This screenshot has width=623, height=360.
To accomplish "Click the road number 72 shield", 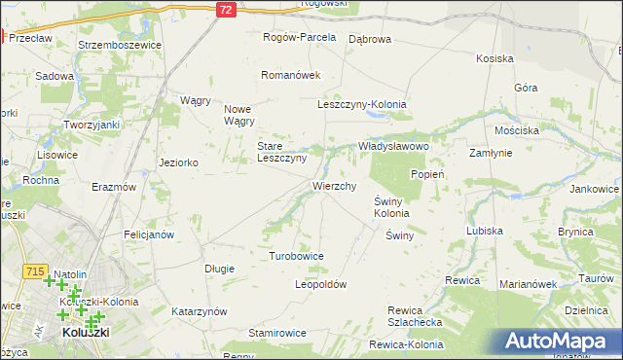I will pos(226,8).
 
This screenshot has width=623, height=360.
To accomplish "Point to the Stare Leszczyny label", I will pos(281,152).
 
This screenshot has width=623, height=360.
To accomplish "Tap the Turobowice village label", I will pos(296,256).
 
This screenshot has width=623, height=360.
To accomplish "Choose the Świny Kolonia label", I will pos(391,207).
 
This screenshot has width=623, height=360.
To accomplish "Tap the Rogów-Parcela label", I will pos(300,38).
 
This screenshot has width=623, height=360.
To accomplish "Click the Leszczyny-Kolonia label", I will pos(362,104).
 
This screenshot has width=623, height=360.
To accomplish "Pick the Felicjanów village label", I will pos(149,234).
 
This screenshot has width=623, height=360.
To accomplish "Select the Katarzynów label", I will pos(200,311).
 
